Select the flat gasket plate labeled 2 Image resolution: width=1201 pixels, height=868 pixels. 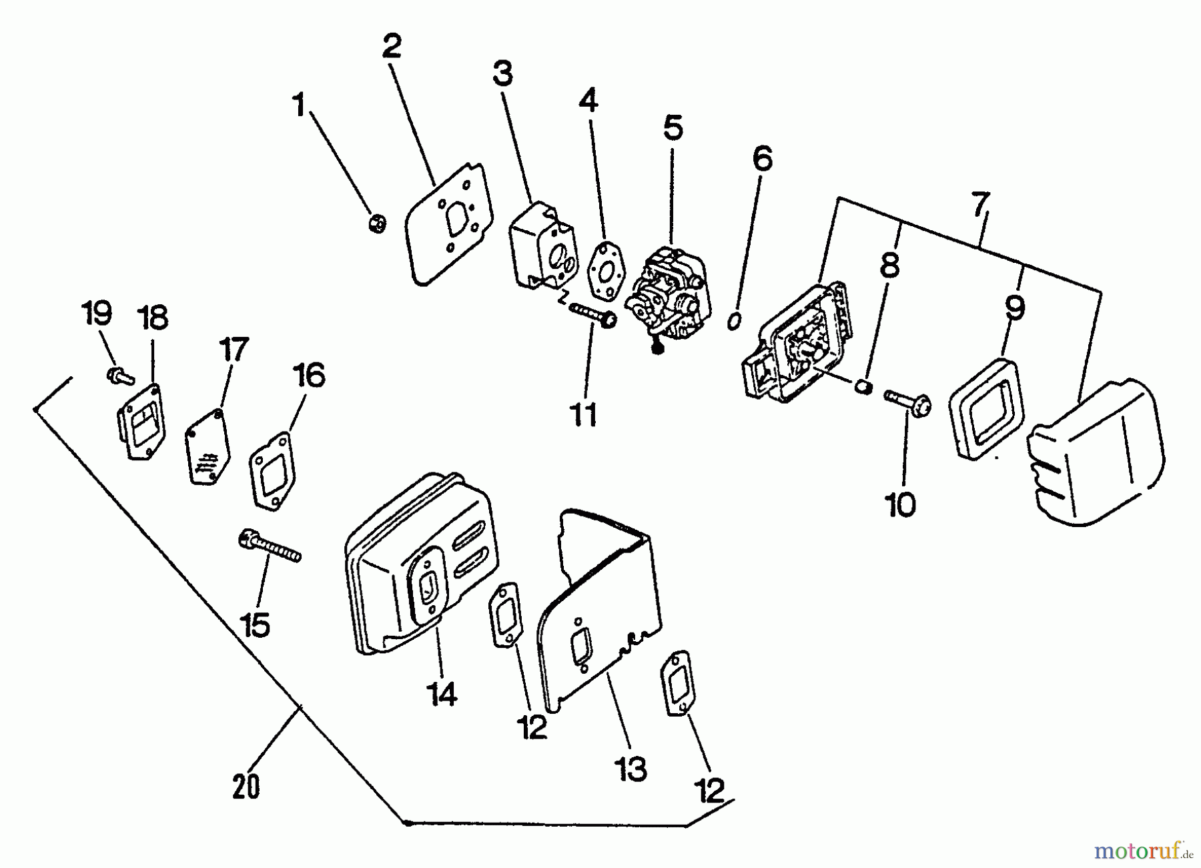[x=449, y=223]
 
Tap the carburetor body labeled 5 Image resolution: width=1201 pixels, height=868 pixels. [x=669, y=294]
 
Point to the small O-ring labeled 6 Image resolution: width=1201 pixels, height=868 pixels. [x=733, y=320]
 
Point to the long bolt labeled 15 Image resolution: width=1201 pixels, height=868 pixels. [x=270, y=544]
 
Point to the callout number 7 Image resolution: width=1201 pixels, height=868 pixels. [x=979, y=205]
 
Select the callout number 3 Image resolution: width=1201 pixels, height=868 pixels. [x=502, y=73]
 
